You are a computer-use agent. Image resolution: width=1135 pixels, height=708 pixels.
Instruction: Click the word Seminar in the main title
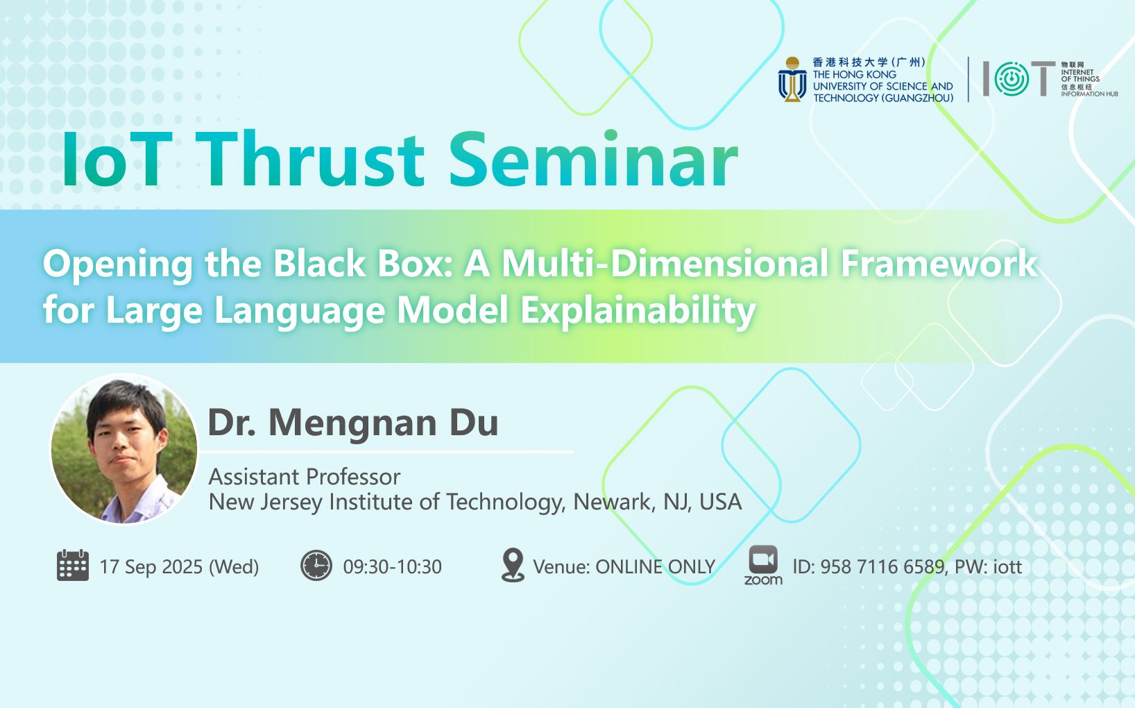[593, 159]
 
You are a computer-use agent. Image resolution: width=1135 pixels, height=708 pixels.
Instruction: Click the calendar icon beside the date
[72, 565]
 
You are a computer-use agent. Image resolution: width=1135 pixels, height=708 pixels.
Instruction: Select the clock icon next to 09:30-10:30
[316, 565]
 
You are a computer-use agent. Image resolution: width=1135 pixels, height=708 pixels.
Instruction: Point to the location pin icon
[513, 564]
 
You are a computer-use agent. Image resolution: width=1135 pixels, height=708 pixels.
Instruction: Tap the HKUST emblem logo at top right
[792, 80]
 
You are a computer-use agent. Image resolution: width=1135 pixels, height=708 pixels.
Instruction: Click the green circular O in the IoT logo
[1012, 78]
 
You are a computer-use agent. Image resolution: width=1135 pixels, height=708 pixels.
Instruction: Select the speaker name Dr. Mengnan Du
[353, 423]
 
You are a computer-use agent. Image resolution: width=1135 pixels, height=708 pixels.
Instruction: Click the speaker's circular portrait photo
[124, 449]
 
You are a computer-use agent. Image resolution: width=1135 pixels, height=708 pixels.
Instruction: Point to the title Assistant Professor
[305, 477]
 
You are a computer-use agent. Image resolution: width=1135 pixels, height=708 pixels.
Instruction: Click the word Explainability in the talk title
[638, 310]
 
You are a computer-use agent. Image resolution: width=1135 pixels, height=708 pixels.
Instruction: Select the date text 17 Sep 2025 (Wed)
[180, 566]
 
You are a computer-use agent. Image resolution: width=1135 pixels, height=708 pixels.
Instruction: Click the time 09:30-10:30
[392, 566]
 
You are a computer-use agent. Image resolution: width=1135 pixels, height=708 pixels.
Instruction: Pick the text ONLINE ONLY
[655, 566]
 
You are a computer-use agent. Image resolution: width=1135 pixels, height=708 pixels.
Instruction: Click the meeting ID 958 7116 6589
[882, 566]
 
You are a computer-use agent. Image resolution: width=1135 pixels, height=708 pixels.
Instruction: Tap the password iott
[1007, 566]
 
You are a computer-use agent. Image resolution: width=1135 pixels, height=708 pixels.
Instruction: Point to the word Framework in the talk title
[939, 264]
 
